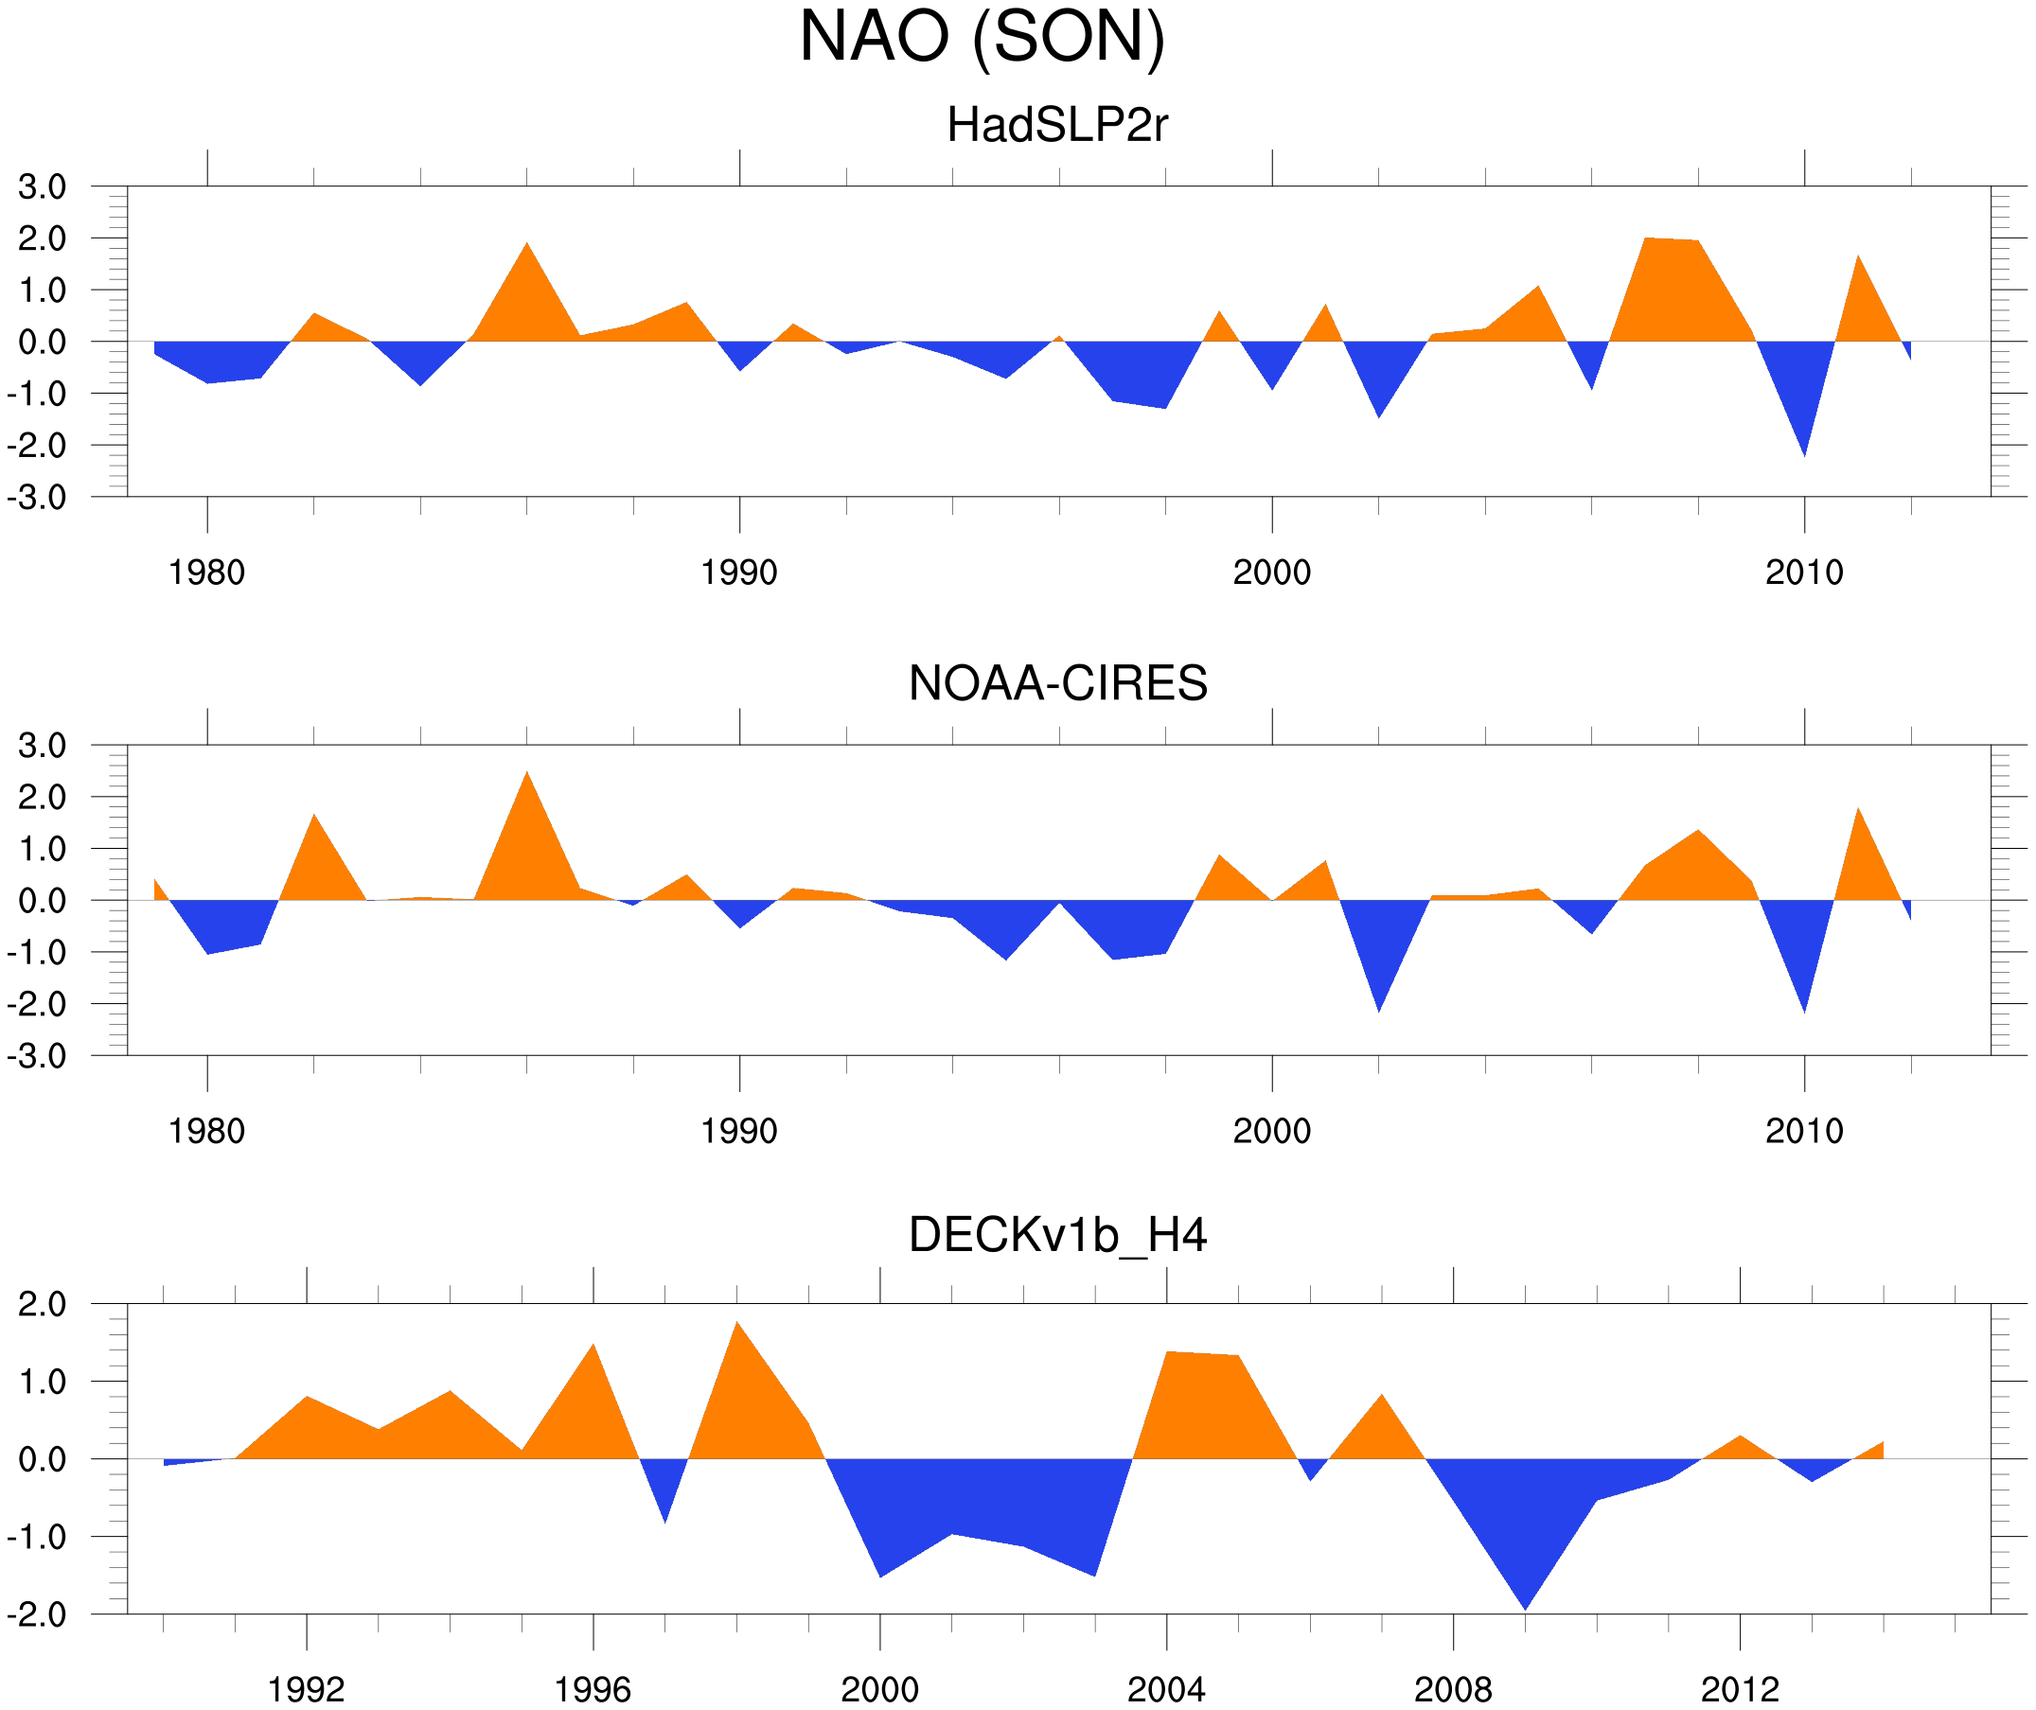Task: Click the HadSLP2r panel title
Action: click(x=1057, y=126)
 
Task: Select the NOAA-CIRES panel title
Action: click(x=1057, y=683)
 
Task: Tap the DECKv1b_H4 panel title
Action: click(x=1057, y=1235)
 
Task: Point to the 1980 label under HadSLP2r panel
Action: click(x=206, y=573)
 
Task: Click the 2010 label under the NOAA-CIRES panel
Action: click(x=1803, y=1131)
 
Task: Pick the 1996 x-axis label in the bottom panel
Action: click(x=593, y=1689)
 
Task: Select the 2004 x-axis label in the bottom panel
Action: click(x=1165, y=1689)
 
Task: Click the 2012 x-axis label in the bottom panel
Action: click(x=1740, y=1689)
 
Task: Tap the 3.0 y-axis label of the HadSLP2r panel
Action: click(x=42, y=187)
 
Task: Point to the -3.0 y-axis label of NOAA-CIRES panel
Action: click(x=37, y=1056)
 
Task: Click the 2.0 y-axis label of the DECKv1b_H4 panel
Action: click(x=42, y=1305)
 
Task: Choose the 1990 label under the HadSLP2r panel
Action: click(x=739, y=573)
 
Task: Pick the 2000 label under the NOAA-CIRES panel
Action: click(x=1271, y=1131)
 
